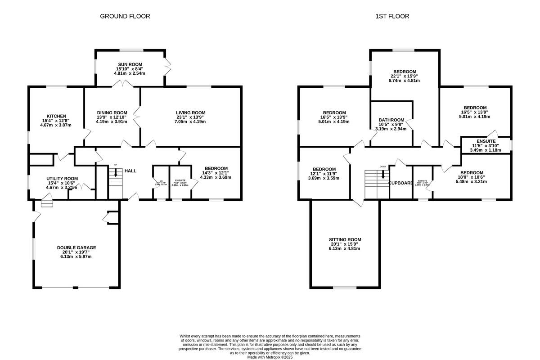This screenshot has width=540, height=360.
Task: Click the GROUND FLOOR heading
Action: (125, 16)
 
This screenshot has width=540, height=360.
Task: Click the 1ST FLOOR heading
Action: (392, 16)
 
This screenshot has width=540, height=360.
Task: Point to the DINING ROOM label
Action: (112, 112)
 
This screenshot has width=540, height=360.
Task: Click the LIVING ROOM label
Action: (190, 112)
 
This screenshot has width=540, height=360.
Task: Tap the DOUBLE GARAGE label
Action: (76, 247)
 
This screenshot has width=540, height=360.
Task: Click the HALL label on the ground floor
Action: (130, 171)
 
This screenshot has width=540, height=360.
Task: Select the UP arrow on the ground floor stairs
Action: (116, 171)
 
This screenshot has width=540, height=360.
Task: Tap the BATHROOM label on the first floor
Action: (391, 120)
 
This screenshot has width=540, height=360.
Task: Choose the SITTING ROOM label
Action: (345, 239)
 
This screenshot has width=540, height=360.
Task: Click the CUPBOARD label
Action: (400, 183)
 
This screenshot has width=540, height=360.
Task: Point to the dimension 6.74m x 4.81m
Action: (405, 81)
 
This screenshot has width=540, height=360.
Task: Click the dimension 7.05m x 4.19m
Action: (190, 122)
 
